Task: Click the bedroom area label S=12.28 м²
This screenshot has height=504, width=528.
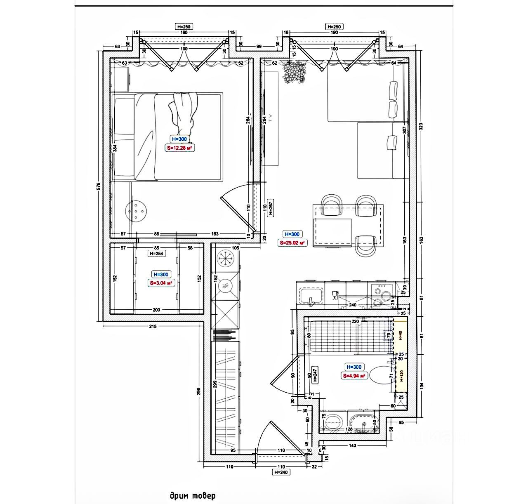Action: click(180, 148)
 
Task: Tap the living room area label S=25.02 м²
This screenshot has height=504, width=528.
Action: click(292, 243)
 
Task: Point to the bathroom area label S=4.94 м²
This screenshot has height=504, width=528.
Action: click(354, 376)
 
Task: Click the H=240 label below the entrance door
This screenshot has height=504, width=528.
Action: click(280, 472)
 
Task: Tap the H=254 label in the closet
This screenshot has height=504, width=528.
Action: click(157, 254)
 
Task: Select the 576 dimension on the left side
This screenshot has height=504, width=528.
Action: click(98, 186)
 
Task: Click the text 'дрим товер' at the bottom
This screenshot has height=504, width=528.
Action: click(192, 496)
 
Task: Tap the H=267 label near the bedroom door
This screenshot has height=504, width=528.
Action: click(271, 208)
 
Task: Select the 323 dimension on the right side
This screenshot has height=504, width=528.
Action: click(421, 126)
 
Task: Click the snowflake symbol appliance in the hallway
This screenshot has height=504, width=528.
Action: click(225, 258)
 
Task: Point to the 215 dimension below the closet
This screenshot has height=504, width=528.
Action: click(153, 326)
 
